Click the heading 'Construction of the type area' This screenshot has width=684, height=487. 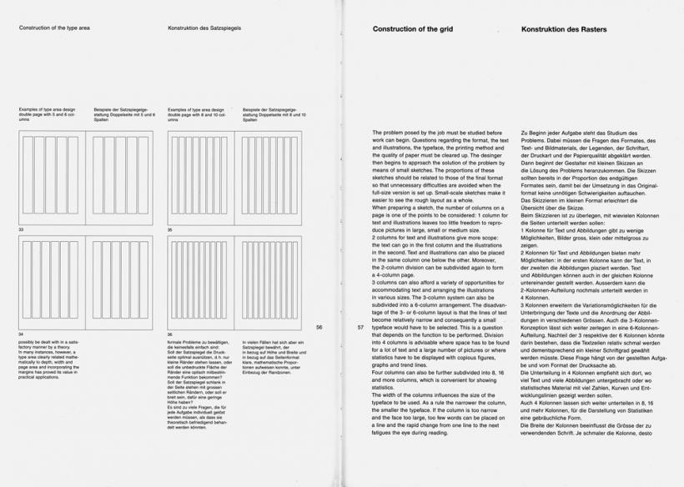point(57,28)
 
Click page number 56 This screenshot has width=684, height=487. point(319,328)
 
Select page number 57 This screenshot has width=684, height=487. point(360,328)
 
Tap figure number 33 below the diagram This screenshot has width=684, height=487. point(22,228)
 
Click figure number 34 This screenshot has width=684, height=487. point(22,334)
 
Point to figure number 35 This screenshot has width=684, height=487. point(170,228)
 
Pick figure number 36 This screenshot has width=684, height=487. point(170,334)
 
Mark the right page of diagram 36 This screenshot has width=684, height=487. point(269,280)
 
